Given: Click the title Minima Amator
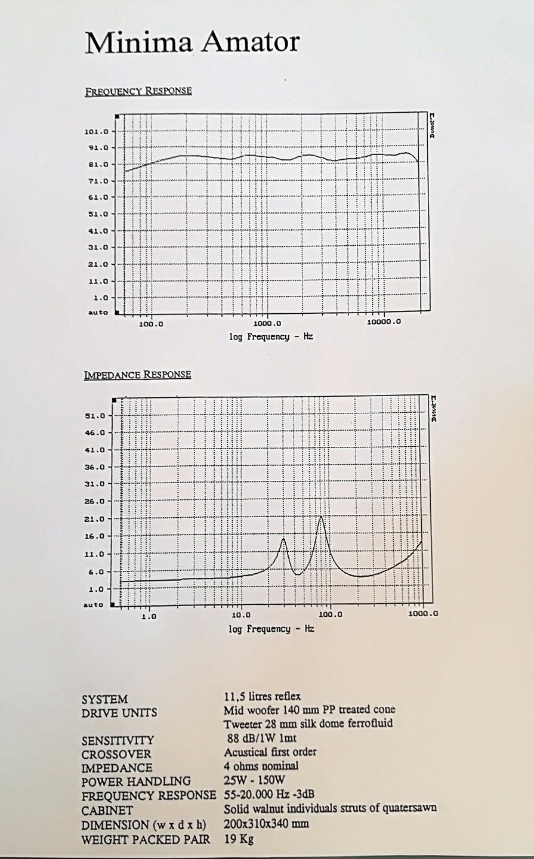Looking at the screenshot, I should [x=192, y=44].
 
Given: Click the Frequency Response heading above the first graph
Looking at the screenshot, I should [x=138, y=91].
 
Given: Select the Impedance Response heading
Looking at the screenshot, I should [x=137, y=375].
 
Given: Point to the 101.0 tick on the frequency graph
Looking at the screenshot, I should [x=96, y=132].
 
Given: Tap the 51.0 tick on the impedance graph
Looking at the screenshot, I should [x=95, y=416].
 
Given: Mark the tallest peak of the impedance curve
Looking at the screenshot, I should [x=321, y=516].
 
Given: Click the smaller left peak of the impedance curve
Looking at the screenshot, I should [x=283, y=539].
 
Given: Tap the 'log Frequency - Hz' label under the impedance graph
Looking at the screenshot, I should [x=271, y=629].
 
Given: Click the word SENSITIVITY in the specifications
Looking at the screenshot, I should [x=118, y=740].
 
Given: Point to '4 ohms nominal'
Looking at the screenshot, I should [x=261, y=766].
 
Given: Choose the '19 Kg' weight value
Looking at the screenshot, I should [x=239, y=839].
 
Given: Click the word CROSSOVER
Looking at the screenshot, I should [x=116, y=754].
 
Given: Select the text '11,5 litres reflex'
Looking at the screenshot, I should [x=262, y=696].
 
